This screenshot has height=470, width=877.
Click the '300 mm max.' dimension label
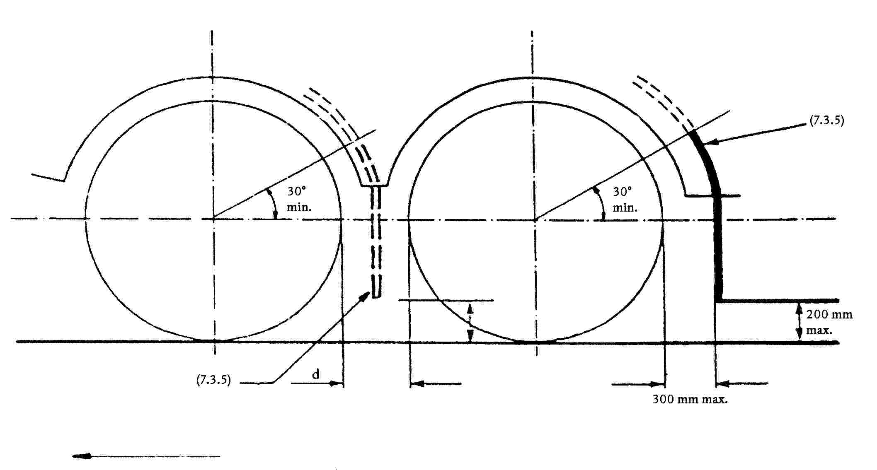[690, 400]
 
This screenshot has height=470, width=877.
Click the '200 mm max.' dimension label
[829, 323]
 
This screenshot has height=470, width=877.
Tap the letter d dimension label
[316, 374]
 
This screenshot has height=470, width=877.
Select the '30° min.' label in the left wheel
[299, 199]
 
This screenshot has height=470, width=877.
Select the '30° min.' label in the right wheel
[625, 199]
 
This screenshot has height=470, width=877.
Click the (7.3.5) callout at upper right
[826, 121]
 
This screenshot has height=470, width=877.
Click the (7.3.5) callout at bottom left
[213, 380]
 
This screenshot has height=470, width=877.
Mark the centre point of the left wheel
[213, 218]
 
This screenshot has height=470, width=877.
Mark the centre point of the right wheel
[535, 219]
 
